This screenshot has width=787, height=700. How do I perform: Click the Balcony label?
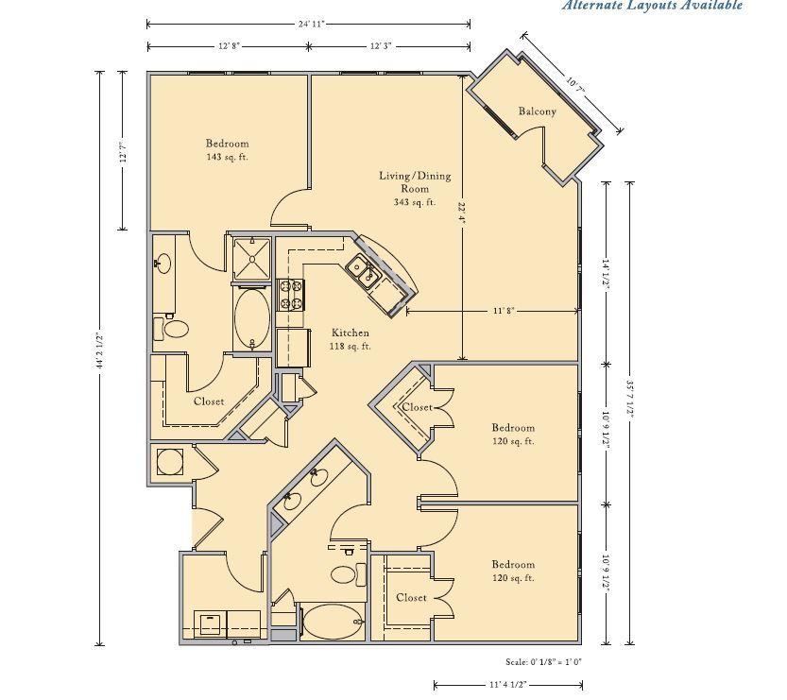click(x=537, y=111)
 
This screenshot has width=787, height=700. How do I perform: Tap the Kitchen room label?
click(x=351, y=333)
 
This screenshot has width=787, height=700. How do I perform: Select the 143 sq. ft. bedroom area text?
click(x=227, y=157)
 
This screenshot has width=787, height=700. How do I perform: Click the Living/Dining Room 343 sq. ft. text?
click(x=415, y=189)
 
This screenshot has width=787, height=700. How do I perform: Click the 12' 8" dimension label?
click(x=230, y=46)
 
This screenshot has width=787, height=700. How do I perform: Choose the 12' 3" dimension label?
click(x=381, y=46)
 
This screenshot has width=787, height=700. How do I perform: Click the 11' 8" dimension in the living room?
click(x=504, y=311)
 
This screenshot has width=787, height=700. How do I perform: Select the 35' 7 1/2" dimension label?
click(x=630, y=398)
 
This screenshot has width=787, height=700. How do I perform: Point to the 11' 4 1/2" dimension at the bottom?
click(x=507, y=685)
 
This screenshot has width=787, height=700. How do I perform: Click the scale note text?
click(x=543, y=662)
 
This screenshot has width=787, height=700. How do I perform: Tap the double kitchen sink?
click(x=365, y=270)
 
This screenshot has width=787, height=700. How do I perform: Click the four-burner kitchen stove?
click(x=291, y=295)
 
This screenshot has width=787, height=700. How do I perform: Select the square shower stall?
click(x=252, y=259)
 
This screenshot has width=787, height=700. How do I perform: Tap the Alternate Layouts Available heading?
click(x=652, y=6)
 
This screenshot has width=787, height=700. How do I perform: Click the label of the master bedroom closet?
click(x=209, y=401)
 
